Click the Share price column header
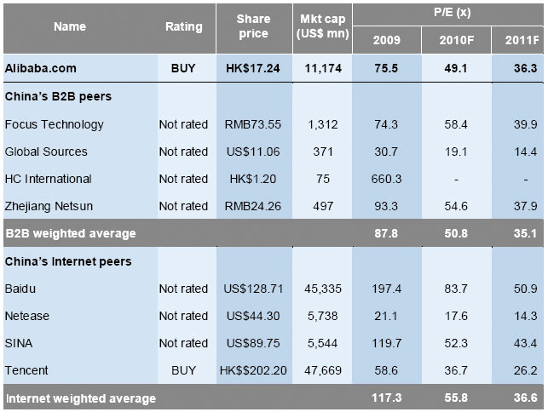click(253, 26)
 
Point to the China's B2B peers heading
click(58, 96)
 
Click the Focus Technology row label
click(54, 124)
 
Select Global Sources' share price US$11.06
click(253, 152)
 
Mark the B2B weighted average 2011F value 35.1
click(522, 233)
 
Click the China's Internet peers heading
click(69, 261)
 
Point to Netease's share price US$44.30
click(253, 316)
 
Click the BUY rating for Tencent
click(183, 370)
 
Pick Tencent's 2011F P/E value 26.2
click(522, 370)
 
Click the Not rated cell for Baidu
click(183, 289)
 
